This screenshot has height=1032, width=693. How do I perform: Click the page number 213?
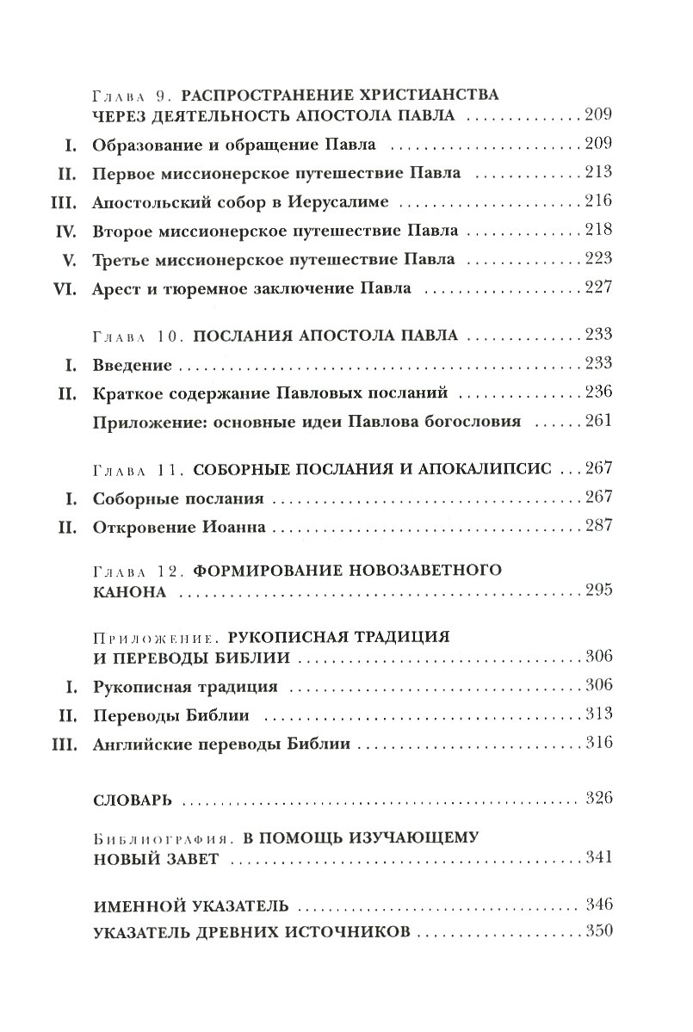(x=597, y=173)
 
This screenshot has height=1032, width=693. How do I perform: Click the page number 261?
(x=597, y=421)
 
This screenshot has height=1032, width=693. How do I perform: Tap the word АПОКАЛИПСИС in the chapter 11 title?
(x=488, y=470)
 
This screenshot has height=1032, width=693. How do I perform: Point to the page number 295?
(x=597, y=590)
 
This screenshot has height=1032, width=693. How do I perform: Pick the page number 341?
(x=597, y=856)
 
